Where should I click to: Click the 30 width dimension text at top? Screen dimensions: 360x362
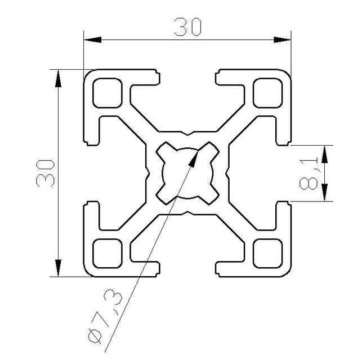pyautogui.click(x=187, y=27)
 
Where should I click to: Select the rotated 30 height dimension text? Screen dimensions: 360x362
pyautogui.click(x=44, y=173)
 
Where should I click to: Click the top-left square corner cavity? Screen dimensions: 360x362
pyautogui.click(x=107, y=93)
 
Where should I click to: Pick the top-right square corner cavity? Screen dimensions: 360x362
pyautogui.click(x=267, y=93)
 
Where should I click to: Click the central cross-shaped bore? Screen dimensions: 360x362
pyautogui.click(x=187, y=173)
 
